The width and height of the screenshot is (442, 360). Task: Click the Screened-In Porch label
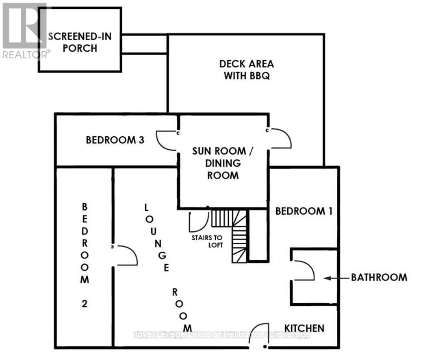pyautogui.click(x=80, y=42)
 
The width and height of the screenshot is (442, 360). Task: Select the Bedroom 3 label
pyautogui.click(x=115, y=140)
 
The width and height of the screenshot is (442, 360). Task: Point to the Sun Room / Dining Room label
pyautogui.click(x=219, y=163)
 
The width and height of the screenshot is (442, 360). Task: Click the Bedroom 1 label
pyautogui.click(x=303, y=211)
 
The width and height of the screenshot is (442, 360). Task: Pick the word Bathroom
pyautogui.click(x=379, y=277)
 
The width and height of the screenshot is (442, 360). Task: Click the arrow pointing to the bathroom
pyautogui.click(x=334, y=278)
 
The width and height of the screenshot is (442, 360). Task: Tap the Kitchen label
pyautogui.click(x=304, y=328)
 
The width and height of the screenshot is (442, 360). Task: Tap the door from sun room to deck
pyautogui.click(x=280, y=138)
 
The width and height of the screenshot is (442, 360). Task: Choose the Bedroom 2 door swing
pyautogui.click(x=126, y=256)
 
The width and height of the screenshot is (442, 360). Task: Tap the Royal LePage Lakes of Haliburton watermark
pyautogui.click(x=221, y=335)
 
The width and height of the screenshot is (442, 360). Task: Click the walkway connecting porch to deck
pyautogui.click(x=144, y=43)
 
